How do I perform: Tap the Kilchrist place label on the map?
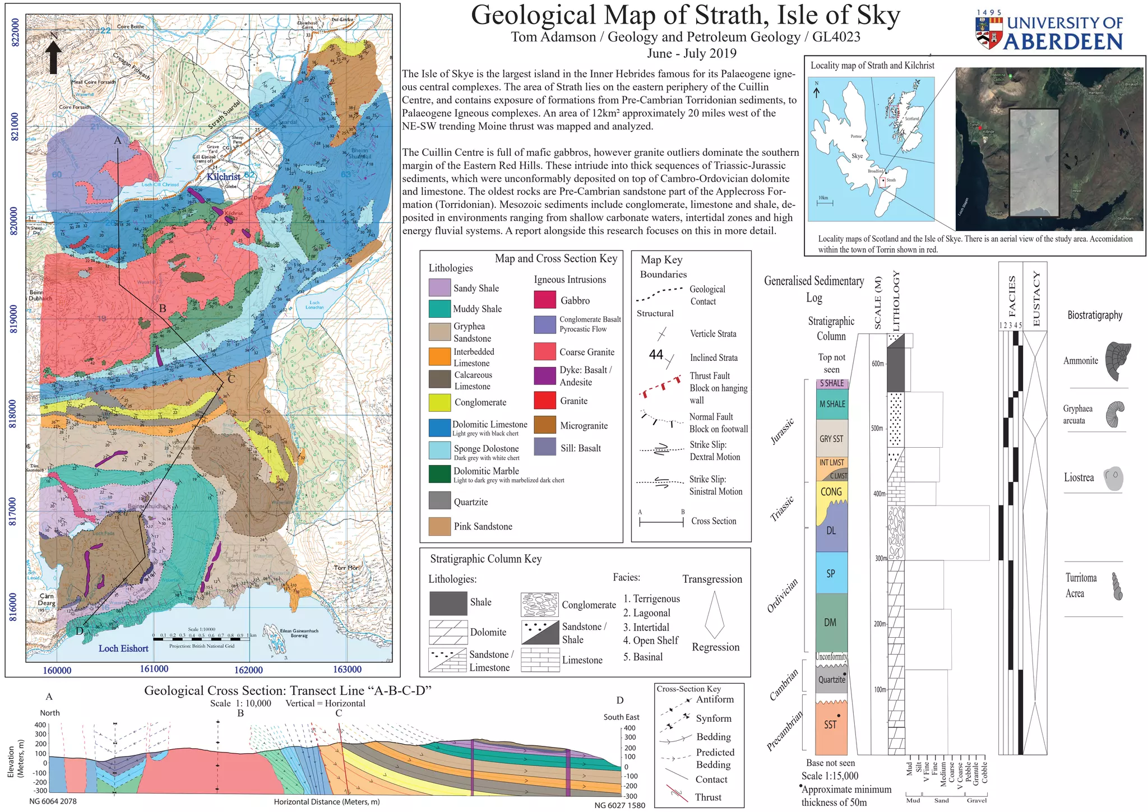point(223,177)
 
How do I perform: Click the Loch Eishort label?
point(123,648)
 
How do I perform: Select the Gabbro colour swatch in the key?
point(544,300)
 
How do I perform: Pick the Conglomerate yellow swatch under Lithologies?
point(439,402)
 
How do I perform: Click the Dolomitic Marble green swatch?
point(439,474)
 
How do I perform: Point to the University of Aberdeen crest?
point(989,33)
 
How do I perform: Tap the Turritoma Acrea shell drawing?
point(1117,586)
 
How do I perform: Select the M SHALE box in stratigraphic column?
point(832,404)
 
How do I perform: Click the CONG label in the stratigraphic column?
point(831,491)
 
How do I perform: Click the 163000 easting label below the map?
point(347,669)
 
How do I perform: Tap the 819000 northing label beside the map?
point(15,319)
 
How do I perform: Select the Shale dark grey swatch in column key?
point(448,603)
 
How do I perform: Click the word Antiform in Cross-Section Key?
point(715,699)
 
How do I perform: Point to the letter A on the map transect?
point(118,141)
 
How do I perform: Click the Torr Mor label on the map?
point(345,568)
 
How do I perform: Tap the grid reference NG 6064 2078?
point(53,801)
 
